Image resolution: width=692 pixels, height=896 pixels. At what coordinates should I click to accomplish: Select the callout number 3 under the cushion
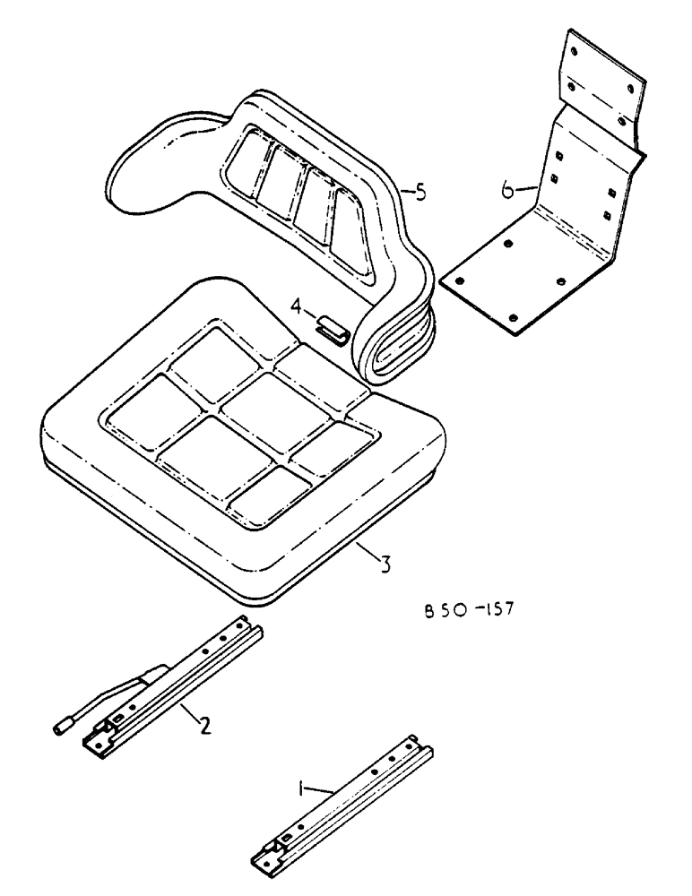tap(383, 565)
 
